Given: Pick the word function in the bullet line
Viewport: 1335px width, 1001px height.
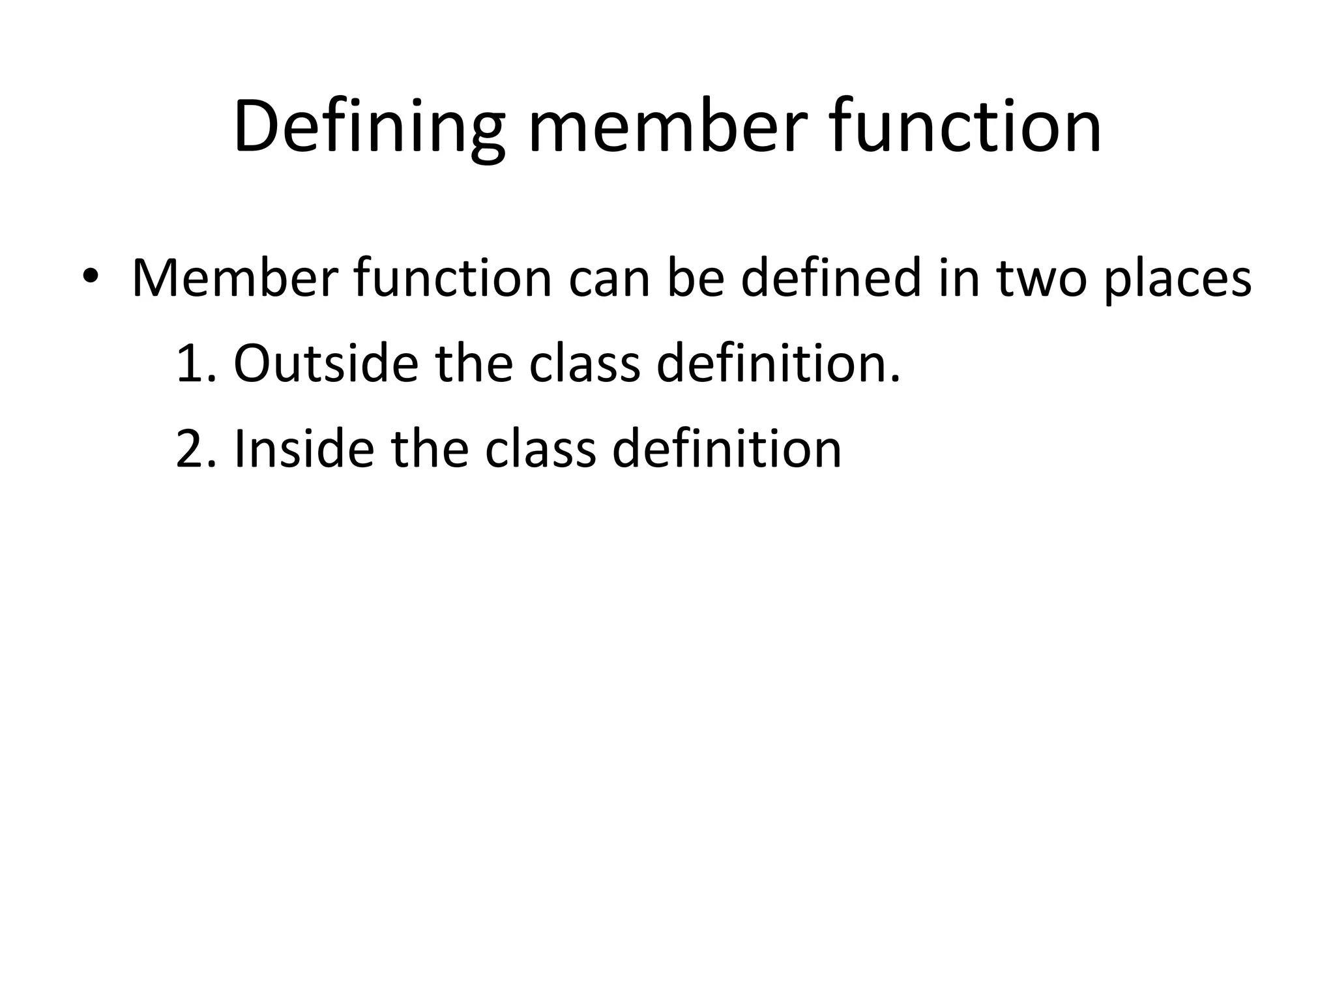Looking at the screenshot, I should pos(453,278).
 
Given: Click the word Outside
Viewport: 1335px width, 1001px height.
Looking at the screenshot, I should pos(325,363).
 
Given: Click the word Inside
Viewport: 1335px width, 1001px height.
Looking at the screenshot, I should pos(304,449).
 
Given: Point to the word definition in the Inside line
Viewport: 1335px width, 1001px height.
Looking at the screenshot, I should pos(727,449).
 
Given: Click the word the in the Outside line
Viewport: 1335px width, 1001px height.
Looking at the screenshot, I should pos(474,363).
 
